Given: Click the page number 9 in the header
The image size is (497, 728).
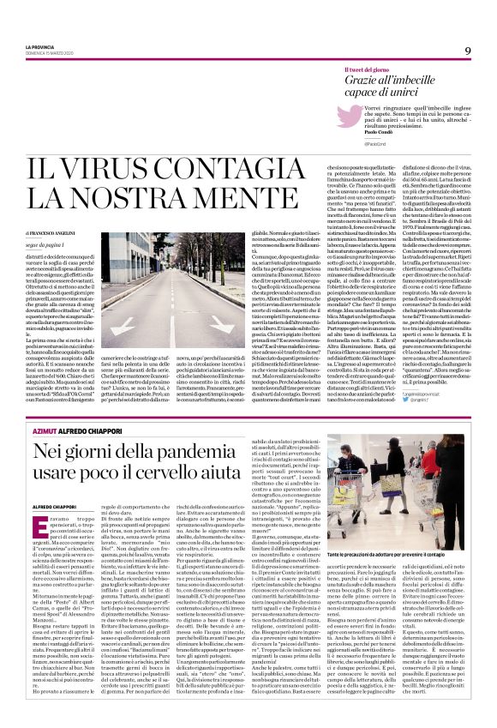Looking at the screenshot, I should point(468,51).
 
